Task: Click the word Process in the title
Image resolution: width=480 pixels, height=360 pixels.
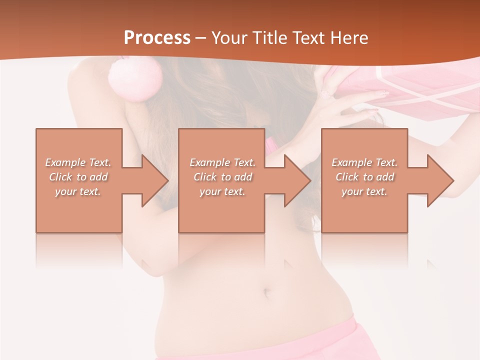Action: tap(157, 37)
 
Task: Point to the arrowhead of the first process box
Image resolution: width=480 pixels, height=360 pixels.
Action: tap(154, 180)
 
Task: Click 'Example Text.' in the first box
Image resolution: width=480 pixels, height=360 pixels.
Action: tap(78, 162)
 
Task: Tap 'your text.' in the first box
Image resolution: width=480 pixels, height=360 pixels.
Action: tap(78, 191)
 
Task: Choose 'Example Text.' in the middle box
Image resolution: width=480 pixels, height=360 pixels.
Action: tap(222, 162)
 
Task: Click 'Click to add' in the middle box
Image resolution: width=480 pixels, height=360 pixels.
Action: tap(222, 177)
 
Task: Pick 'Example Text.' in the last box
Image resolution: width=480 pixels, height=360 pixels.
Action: tap(364, 162)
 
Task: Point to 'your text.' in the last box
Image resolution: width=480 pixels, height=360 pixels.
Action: tap(364, 191)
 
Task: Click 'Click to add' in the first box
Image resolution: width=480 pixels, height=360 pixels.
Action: tap(78, 177)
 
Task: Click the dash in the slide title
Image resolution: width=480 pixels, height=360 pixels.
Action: tap(201, 38)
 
